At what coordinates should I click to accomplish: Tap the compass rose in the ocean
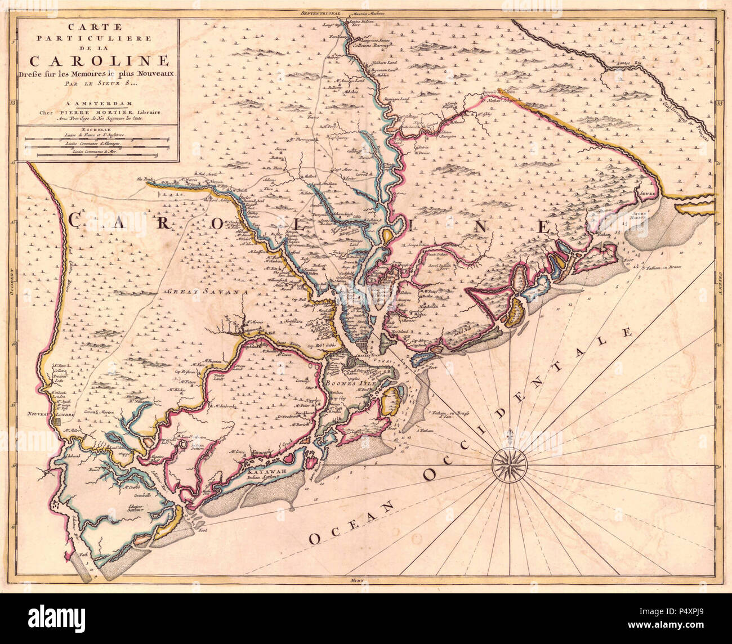point(510,463)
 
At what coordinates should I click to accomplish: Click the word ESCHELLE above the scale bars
point(99,128)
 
